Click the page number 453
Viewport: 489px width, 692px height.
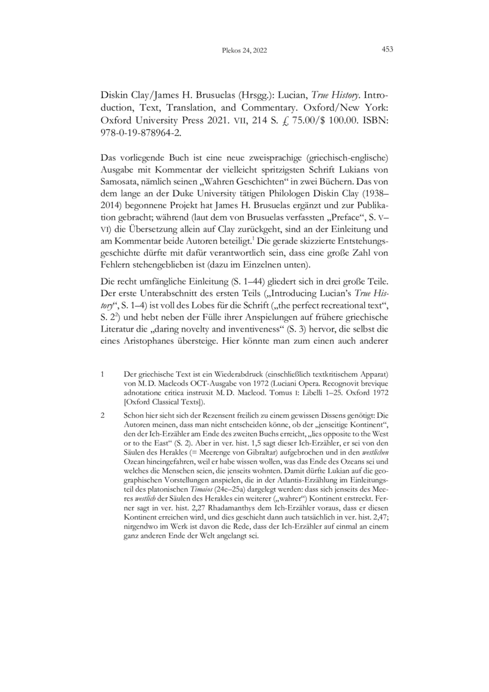point(387,50)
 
